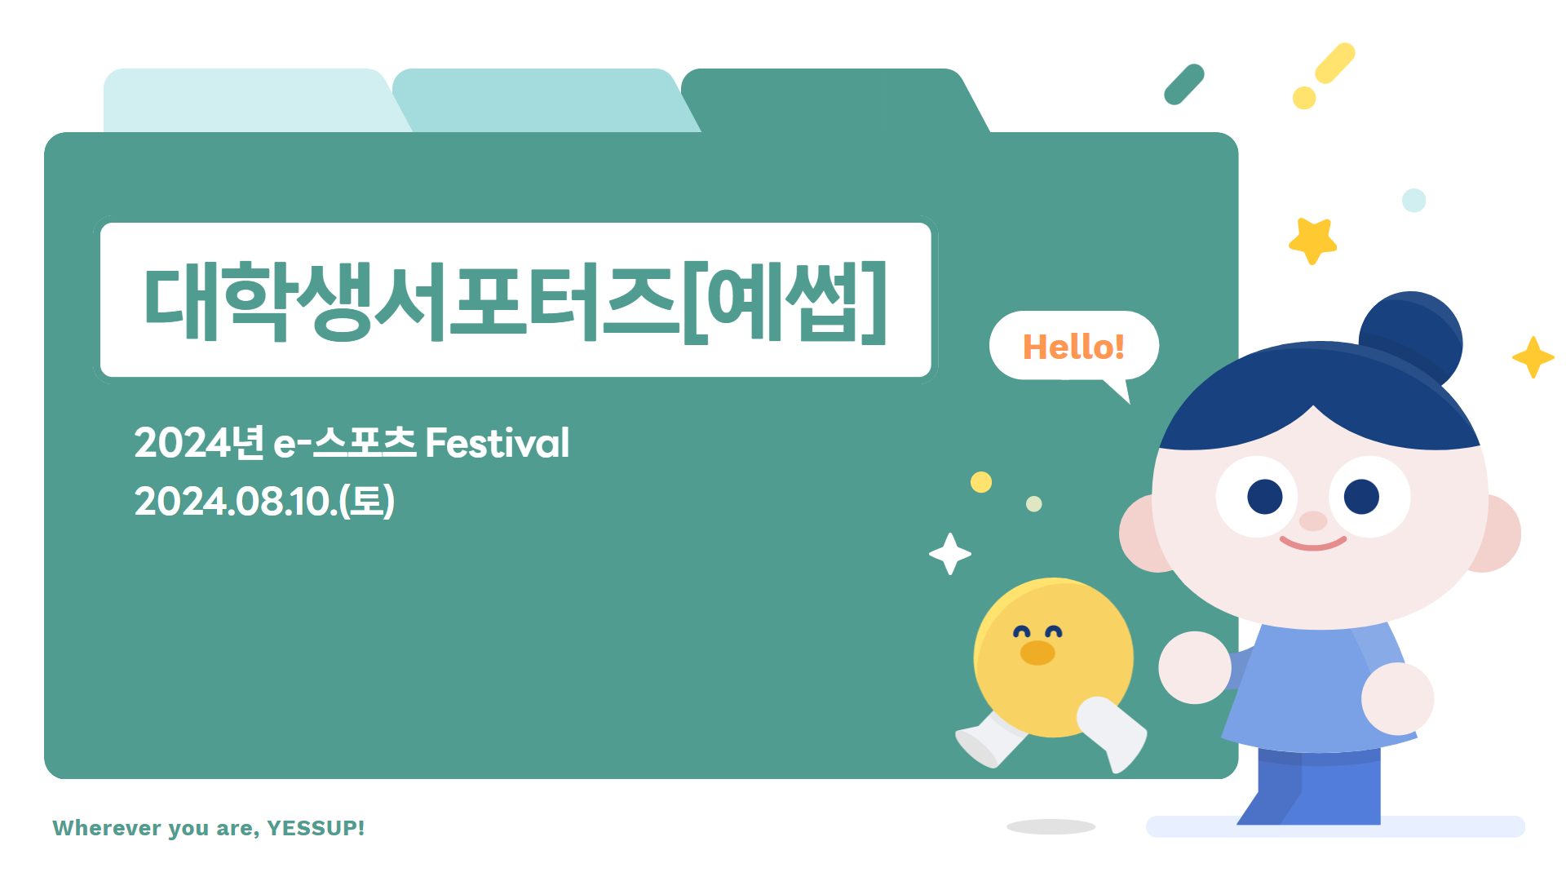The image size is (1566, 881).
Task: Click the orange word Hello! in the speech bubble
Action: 1073,347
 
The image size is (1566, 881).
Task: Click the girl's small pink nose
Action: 1313,520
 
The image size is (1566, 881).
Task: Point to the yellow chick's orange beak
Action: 1037,653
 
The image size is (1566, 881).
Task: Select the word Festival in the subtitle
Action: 498,443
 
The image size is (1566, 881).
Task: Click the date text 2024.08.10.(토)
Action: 264,501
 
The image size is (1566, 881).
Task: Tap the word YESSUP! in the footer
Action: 316,828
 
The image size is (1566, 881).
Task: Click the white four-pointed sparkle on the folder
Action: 949,554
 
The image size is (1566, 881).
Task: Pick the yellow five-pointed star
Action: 1312,241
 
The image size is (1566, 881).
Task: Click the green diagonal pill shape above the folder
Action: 1184,84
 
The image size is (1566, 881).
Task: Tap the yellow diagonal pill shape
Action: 1335,63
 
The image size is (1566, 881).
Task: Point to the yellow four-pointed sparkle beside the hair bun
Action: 1533,357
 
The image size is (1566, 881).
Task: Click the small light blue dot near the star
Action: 1413,200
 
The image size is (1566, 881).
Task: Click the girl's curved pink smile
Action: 1312,543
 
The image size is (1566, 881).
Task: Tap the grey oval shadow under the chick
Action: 1051,826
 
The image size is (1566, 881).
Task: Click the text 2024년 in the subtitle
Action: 199,443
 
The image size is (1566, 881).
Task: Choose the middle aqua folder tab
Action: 542,100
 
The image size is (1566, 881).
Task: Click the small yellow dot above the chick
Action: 981,482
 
